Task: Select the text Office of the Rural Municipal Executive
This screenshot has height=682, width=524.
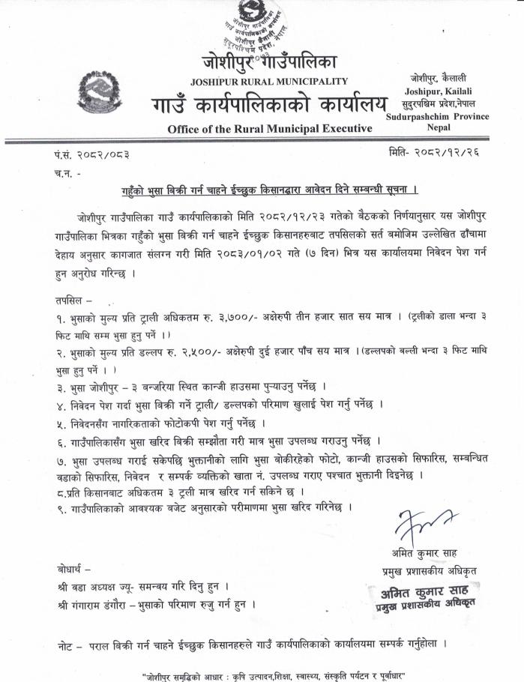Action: pyautogui.click(x=270, y=129)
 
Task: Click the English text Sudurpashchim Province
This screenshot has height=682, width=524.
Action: pyautogui.click(x=437, y=116)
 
